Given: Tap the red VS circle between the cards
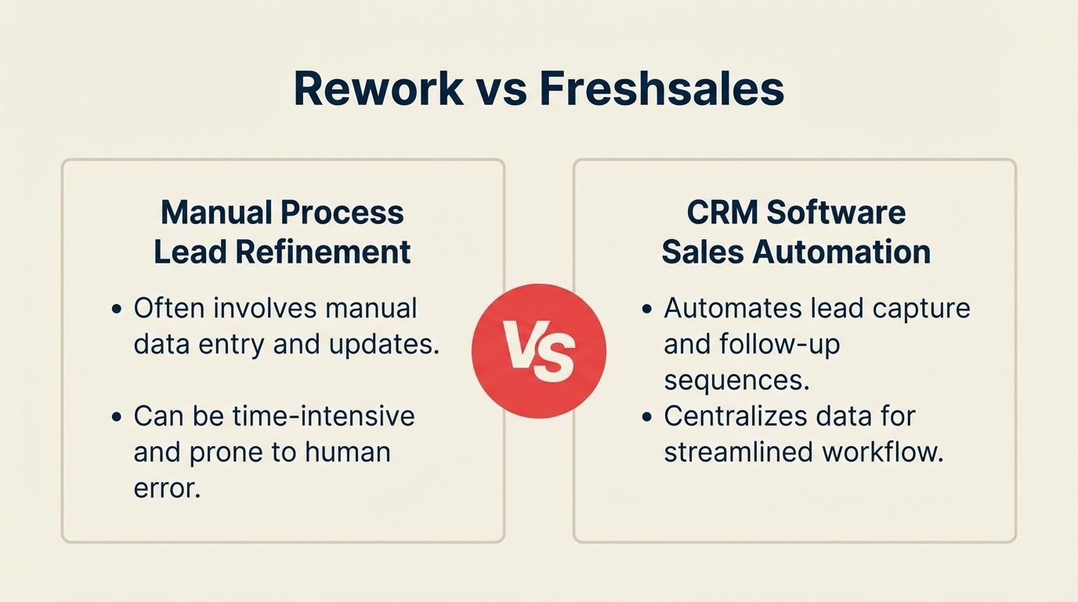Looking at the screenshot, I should (x=539, y=350).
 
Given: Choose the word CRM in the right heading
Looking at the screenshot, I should (x=722, y=212).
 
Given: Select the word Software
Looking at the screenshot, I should (x=836, y=212).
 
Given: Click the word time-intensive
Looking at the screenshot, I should (x=324, y=415).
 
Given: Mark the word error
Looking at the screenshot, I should (x=167, y=488).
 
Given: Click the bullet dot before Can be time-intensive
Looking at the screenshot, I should (x=117, y=416).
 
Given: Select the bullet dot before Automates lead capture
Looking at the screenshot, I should (x=647, y=309).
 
